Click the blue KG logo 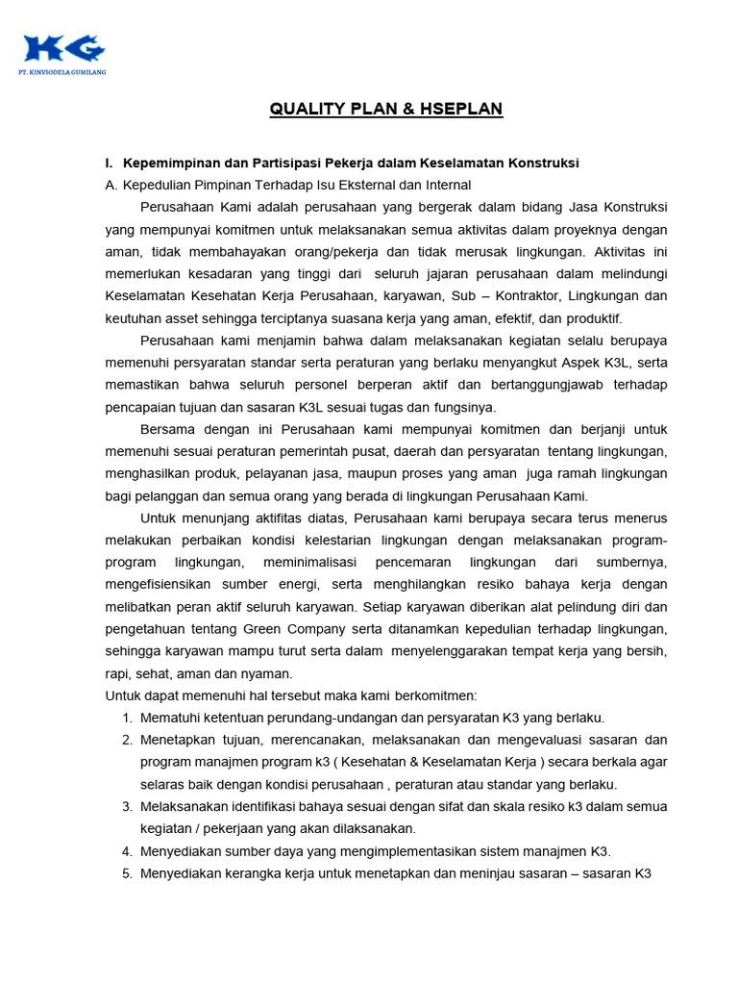(64, 48)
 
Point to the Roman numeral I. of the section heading (111, 163)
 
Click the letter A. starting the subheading (111, 185)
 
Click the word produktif (590, 317)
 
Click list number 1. (127, 718)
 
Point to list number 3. (127, 806)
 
